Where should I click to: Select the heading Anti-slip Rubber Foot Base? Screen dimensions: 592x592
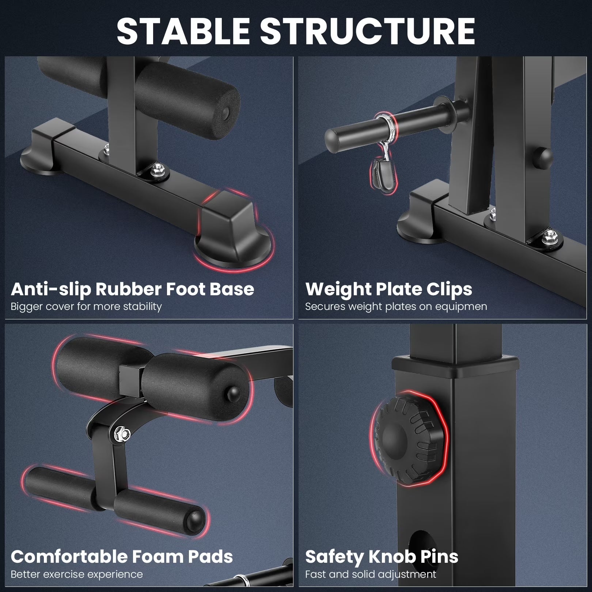point(132,289)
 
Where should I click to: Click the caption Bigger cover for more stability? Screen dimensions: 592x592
point(86,306)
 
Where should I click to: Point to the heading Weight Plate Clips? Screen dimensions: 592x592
point(389,289)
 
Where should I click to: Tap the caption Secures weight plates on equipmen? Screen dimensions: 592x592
point(396,306)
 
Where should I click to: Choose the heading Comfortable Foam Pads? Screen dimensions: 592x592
point(122,557)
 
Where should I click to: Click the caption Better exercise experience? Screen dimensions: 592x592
point(77,574)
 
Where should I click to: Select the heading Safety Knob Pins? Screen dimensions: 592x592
point(382,557)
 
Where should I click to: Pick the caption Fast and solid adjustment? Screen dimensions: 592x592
point(371,574)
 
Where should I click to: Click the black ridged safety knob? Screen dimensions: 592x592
point(409,439)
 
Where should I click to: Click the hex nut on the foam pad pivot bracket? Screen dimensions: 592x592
point(122,433)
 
